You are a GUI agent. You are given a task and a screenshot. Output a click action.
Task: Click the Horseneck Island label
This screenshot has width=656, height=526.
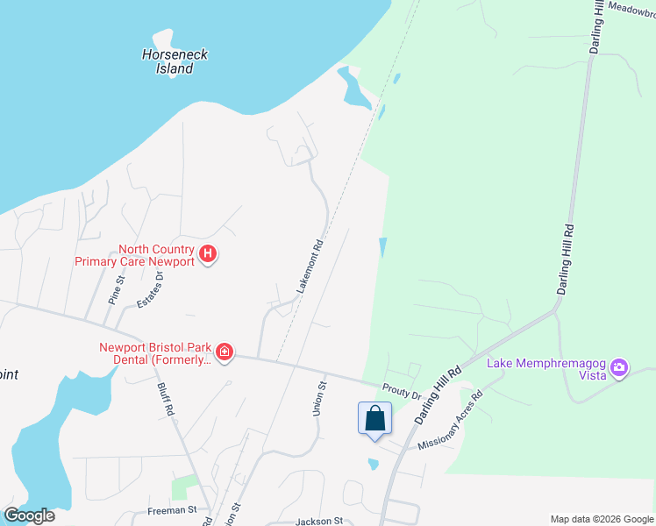(x=175, y=61)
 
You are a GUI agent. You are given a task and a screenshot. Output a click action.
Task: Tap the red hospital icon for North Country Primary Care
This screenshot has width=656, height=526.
(x=208, y=255)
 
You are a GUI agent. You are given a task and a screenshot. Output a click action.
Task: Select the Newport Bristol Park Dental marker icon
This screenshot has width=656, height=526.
(x=225, y=352)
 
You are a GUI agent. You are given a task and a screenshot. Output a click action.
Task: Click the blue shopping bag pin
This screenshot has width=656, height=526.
(x=374, y=418)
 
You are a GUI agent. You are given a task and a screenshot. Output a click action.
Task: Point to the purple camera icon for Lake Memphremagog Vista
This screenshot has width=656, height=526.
(x=619, y=367)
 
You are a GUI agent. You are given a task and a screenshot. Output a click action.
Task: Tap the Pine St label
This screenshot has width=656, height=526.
(x=116, y=288)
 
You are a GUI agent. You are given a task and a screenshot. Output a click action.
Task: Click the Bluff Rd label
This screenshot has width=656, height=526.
(x=167, y=397)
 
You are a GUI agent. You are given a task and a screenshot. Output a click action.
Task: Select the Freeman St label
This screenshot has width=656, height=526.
(x=172, y=509)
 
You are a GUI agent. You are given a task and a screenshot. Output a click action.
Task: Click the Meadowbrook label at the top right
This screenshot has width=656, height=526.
(x=633, y=5)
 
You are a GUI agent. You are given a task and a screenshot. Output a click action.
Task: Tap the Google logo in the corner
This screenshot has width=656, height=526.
(x=29, y=515)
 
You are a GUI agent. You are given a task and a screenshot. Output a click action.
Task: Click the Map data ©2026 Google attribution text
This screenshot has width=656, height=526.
(x=602, y=518)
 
